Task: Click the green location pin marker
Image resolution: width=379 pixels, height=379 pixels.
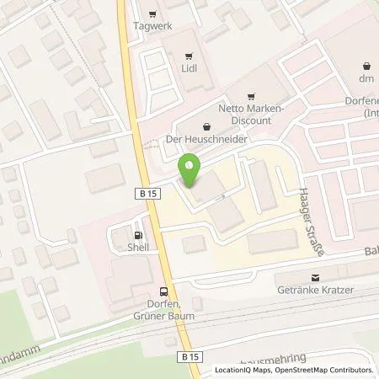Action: click(x=191, y=171)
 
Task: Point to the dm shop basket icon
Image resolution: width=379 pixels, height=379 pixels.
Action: click(x=366, y=66)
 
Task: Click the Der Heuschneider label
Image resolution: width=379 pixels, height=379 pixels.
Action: click(x=197, y=141)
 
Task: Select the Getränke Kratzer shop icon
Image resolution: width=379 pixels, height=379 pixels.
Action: click(x=316, y=277)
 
